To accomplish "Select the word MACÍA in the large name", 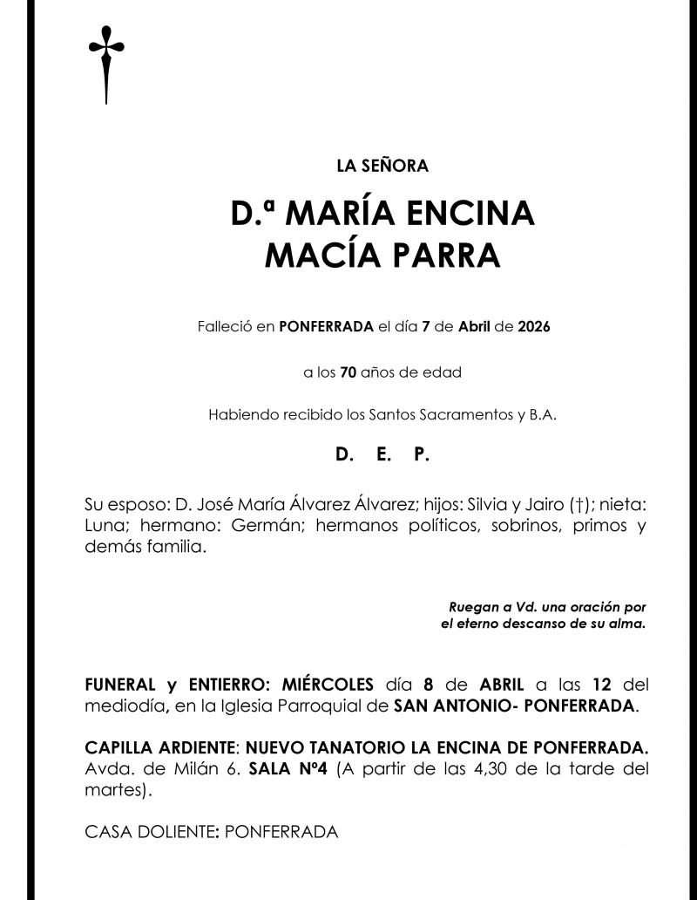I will (x=317, y=255).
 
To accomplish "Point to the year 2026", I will (x=533, y=328).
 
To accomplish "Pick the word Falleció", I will (x=223, y=328).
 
